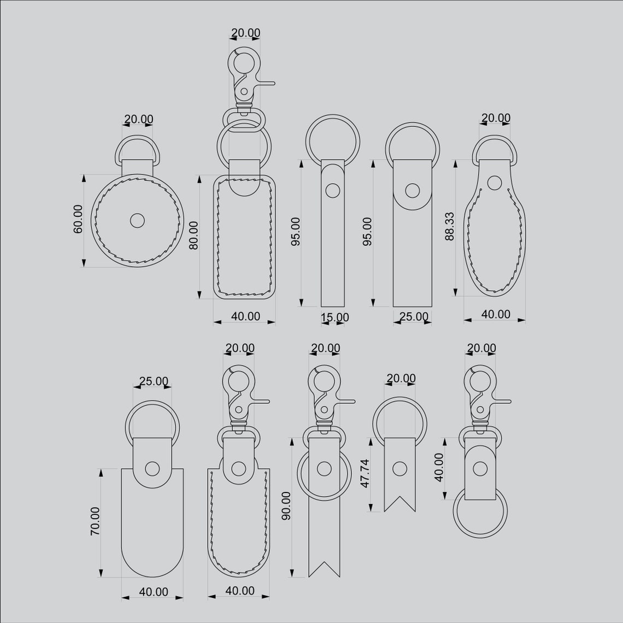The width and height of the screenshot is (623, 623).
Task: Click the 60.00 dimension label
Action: pos(78,220)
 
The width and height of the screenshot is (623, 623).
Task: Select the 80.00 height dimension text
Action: pos(193,236)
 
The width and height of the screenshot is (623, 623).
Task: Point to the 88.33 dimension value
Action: pos(450,227)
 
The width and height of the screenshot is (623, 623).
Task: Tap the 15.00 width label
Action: pos(334,318)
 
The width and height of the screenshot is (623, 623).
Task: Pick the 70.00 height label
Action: pos(95,521)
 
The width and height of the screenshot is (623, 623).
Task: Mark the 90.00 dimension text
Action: pos(285,506)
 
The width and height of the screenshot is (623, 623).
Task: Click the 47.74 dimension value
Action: pos(365,473)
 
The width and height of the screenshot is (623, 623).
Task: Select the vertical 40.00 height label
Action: pos(438,467)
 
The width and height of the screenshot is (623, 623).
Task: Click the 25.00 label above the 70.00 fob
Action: pos(154,381)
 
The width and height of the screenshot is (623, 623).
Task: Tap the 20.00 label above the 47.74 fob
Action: pos(401,378)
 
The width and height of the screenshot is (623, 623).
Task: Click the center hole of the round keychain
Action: pos(137,220)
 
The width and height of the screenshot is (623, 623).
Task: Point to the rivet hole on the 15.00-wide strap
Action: pos(332,190)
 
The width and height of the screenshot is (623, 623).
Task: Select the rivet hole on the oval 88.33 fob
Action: pos(495,182)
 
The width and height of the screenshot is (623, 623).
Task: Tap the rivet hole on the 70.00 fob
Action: pos(153,468)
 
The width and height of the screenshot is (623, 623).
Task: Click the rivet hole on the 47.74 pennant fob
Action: pos(400,468)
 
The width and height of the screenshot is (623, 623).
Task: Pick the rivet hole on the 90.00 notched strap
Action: pos(324,468)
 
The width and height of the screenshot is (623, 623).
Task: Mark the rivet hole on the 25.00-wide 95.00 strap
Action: pos(412,191)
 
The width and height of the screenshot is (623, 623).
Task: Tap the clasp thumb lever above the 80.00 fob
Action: pos(265,83)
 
